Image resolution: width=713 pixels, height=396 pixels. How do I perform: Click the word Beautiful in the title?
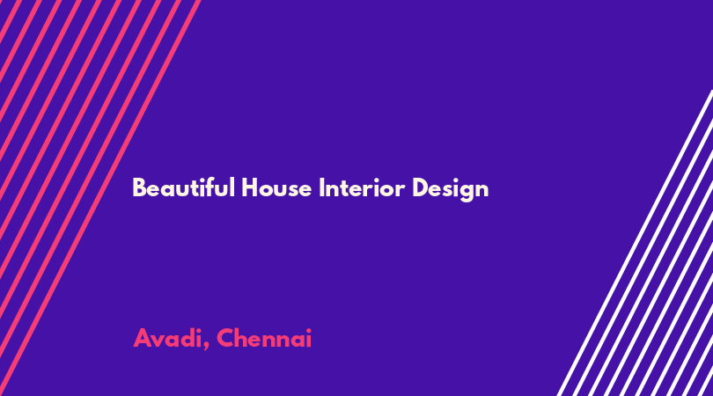tap(184, 187)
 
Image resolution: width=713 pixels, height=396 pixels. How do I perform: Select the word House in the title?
tap(276, 187)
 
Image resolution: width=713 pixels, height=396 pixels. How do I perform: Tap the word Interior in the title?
tap(362, 187)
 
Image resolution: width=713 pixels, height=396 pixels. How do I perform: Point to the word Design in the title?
tap(450, 189)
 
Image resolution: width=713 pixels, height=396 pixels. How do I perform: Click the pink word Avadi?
tap(167, 338)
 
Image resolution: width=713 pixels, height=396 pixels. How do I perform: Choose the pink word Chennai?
tap(264, 338)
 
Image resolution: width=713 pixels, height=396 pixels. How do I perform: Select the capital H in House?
tap(250, 187)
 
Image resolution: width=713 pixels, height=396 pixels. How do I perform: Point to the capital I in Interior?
tap(322, 187)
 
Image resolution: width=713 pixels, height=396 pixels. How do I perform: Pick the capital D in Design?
tap(421, 187)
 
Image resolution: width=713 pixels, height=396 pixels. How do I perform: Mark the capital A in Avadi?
tap(143, 338)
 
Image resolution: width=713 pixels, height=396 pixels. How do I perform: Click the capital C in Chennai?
tap(225, 338)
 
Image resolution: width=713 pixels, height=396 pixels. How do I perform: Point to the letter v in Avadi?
tap(158, 341)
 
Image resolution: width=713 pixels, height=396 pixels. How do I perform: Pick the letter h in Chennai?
tap(243, 338)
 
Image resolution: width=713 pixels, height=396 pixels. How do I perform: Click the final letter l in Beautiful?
tap(232, 187)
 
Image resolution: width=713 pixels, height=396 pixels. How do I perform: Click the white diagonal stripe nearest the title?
tap(635, 243)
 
